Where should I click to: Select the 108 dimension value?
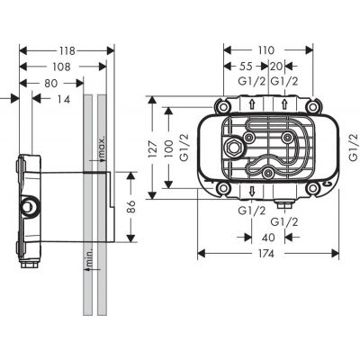tap(60, 67)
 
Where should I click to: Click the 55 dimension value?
tap(243, 67)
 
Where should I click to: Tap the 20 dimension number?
tap(276, 67)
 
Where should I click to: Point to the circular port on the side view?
tap(32, 208)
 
